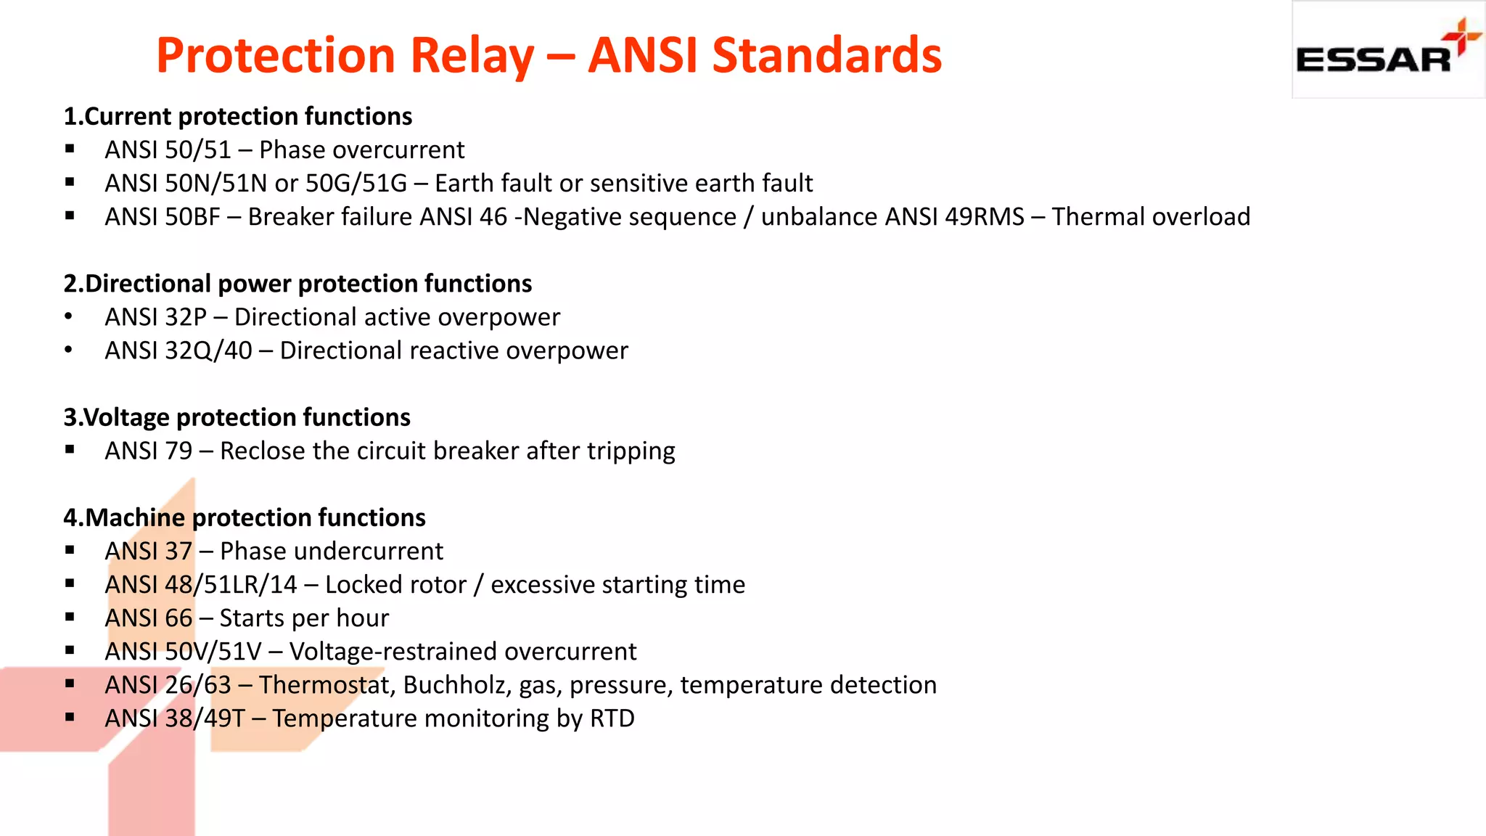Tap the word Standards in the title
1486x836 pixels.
pyautogui.click(x=826, y=56)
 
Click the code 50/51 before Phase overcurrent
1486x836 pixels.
pyautogui.click(x=198, y=150)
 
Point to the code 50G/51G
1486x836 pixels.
pyautogui.click(x=356, y=184)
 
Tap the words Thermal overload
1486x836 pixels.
pyautogui.click(x=1151, y=217)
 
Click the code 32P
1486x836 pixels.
pyautogui.click(x=186, y=317)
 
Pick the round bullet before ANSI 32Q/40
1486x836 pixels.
pyautogui.click(x=68, y=351)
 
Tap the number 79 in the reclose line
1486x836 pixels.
pyautogui.click(x=178, y=451)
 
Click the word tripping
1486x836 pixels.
pyautogui.click(x=631, y=451)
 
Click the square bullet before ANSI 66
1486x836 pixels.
pyautogui.click(x=70, y=618)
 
